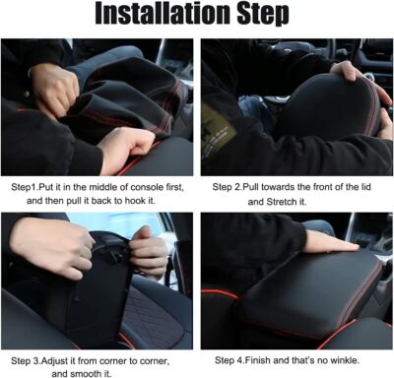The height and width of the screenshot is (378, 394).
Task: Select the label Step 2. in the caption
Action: click(x=230, y=185)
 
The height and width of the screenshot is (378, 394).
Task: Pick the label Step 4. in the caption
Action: click(x=230, y=358)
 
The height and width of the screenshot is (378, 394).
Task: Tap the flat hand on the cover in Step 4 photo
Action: click(x=326, y=241)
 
